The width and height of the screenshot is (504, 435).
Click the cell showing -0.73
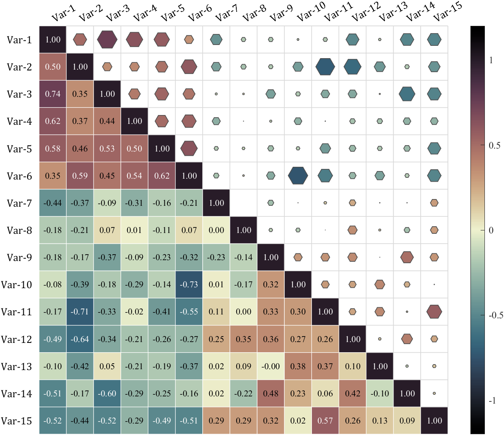[x=189, y=284]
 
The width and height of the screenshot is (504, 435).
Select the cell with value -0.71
[x=80, y=312]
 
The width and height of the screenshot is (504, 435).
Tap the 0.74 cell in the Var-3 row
[x=53, y=94]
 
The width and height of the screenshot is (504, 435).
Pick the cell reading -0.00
[x=271, y=366]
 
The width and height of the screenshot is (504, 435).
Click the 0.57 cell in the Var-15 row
[x=325, y=421]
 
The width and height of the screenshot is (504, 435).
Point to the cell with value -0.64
[x=80, y=339]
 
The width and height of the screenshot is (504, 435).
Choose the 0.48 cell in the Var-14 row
[x=271, y=393]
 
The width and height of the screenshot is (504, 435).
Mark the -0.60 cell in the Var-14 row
[x=107, y=393]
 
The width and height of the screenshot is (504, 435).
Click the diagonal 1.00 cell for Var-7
[x=216, y=203]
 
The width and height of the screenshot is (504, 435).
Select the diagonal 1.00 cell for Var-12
[x=353, y=339]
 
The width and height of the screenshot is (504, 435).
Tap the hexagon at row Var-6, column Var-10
[x=298, y=176]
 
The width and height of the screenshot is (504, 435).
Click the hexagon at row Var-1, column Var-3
[x=107, y=39]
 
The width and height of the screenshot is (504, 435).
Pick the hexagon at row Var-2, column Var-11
[x=325, y=67]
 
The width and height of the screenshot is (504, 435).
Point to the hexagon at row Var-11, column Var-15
[x=434, y=312]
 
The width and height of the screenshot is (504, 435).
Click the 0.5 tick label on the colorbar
[x=494, y=146]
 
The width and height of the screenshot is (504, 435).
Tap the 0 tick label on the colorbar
[x=491, y=230]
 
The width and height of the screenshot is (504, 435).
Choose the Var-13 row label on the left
[x=17, y=367]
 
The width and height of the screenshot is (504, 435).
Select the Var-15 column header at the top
[x=447, y=12]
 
